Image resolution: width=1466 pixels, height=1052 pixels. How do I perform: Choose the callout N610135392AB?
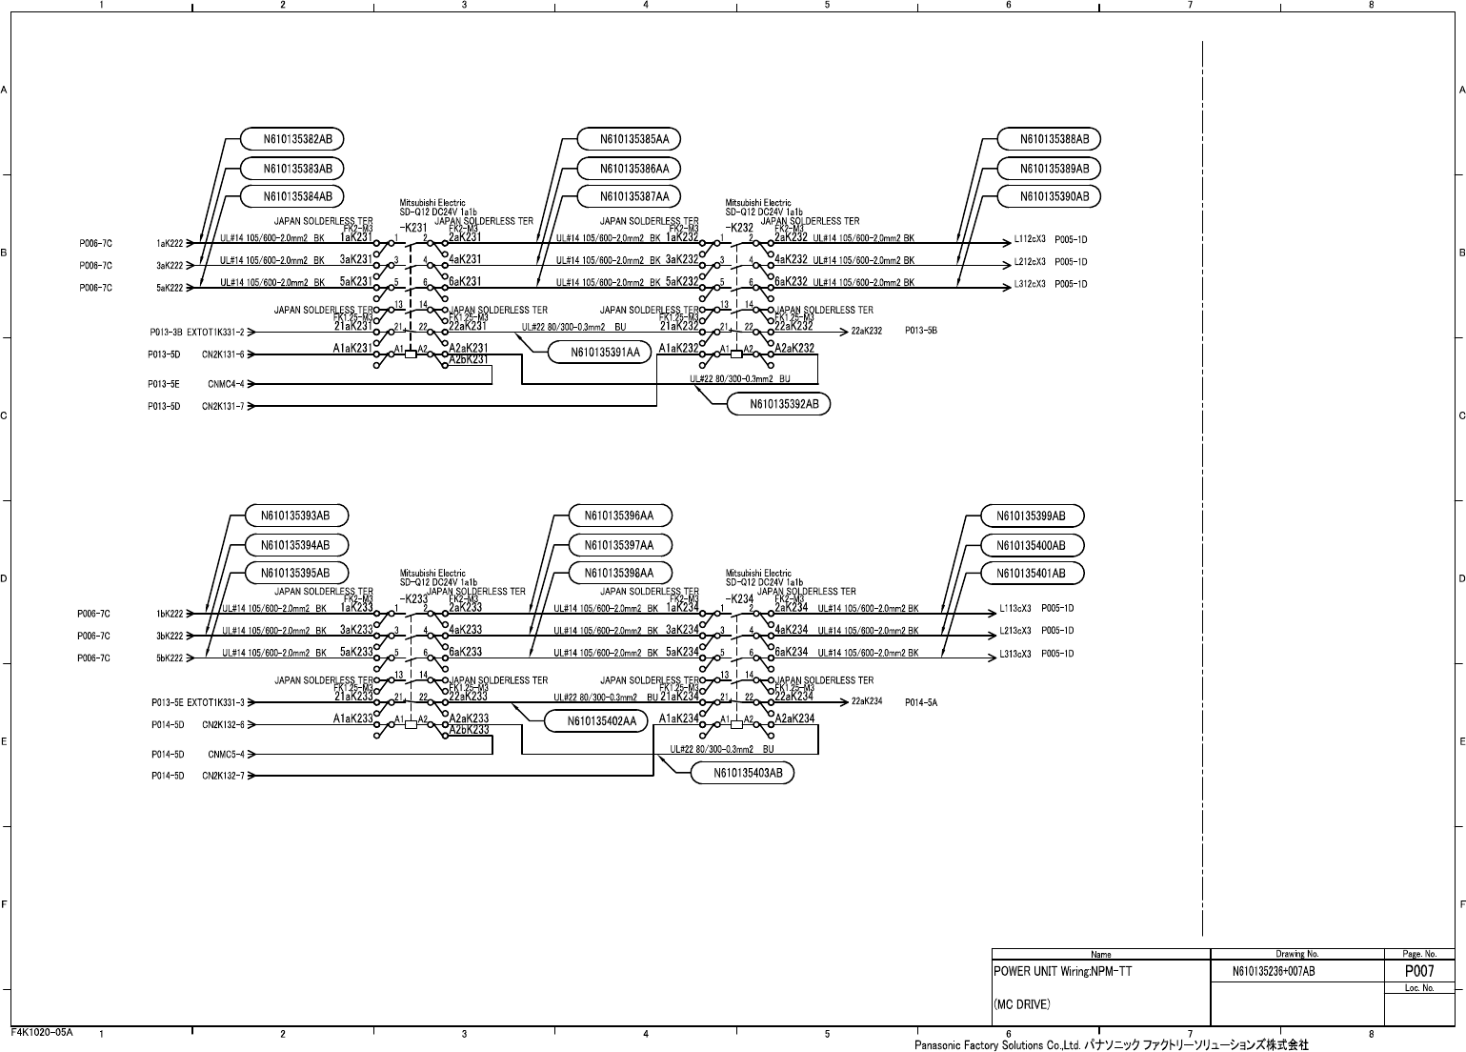tap(777, 404)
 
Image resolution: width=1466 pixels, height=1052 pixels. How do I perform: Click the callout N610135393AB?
tap(296, 516)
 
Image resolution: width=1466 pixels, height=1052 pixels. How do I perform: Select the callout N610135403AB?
tap(741, 773)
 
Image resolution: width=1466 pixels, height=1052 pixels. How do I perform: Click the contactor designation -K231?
tap(413, 228)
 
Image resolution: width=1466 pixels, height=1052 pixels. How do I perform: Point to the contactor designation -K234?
tap(739, 598)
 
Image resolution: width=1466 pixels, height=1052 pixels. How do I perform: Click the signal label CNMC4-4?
tap(226, 384)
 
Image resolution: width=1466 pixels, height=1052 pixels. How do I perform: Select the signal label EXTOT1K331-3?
tap(215, 702)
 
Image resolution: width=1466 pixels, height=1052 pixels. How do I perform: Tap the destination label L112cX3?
tap(1029, 239)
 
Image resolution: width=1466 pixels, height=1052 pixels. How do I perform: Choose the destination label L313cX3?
tap(1015, 654)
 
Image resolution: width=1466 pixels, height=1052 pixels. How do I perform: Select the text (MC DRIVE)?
tap(1022, 1004)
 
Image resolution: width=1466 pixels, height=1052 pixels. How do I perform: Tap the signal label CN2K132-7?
tap(223, 776)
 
